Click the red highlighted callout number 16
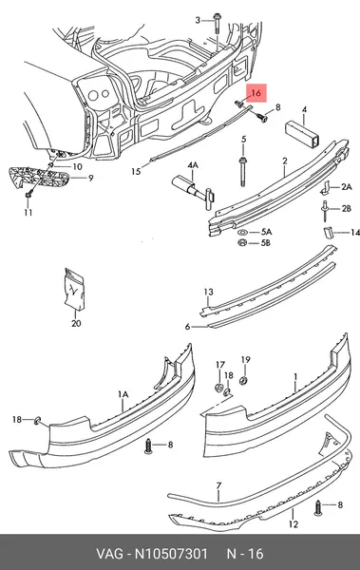tap(256, 93)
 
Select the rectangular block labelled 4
tap(303, 134)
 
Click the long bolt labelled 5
tap(243, 172)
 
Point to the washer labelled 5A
tap(243, 232)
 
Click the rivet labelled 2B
tap(324, 210)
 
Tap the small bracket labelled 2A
tap(325, 187)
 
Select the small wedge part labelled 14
tap(328, 233)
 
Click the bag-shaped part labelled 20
tap(74, 290)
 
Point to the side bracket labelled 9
tap(39, 178)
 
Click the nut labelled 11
tap(28, 195)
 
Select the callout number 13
tap(208, 292)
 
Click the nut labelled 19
tap(244, 381)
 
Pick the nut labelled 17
tap(218, 388)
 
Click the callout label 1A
tap(123, 394)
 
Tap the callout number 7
tap(218, 485)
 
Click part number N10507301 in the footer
tap(171, 554)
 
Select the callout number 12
tap(294, 523)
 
